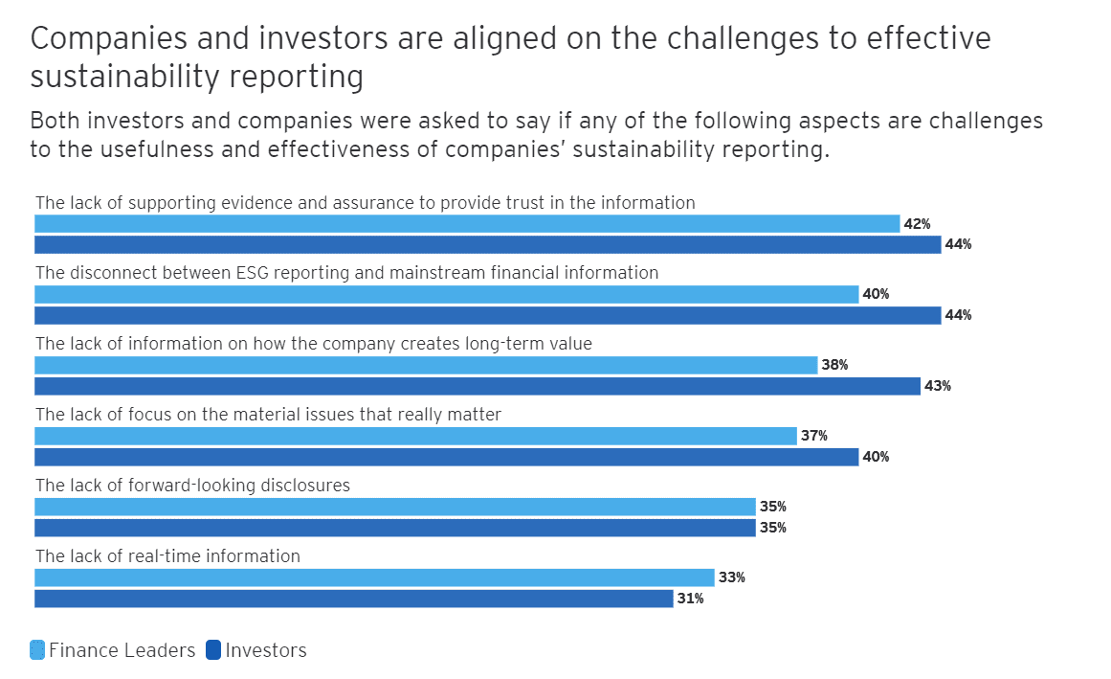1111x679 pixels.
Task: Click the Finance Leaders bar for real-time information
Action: (x=374, y=577)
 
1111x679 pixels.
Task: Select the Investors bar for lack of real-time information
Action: (x=354, y=599)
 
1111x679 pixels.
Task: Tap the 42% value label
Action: (x=917, y=224)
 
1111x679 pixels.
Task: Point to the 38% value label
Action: (x=834, y=366)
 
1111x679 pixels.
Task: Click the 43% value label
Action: (x=938, y=387)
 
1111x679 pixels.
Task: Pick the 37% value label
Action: (x=814, y=437)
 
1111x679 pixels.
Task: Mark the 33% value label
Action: (x=732, y=578)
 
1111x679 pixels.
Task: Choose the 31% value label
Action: (x=691, y=600)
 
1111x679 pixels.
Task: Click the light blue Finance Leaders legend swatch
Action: (x=37, y=650)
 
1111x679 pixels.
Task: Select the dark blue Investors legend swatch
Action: (x=213, y=650)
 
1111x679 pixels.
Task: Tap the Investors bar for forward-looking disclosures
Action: (x=395, y=528)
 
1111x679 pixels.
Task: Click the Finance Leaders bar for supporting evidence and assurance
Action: (x=467, y=223)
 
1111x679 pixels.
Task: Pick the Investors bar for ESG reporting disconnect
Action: (x=488, y=315)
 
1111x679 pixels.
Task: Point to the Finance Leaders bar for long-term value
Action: (x=426, y=365)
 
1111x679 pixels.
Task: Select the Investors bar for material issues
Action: (x=447, y=457)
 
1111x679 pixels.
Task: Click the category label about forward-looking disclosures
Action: (x=192, y=486)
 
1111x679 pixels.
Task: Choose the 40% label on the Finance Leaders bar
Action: (x=876, y=295)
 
